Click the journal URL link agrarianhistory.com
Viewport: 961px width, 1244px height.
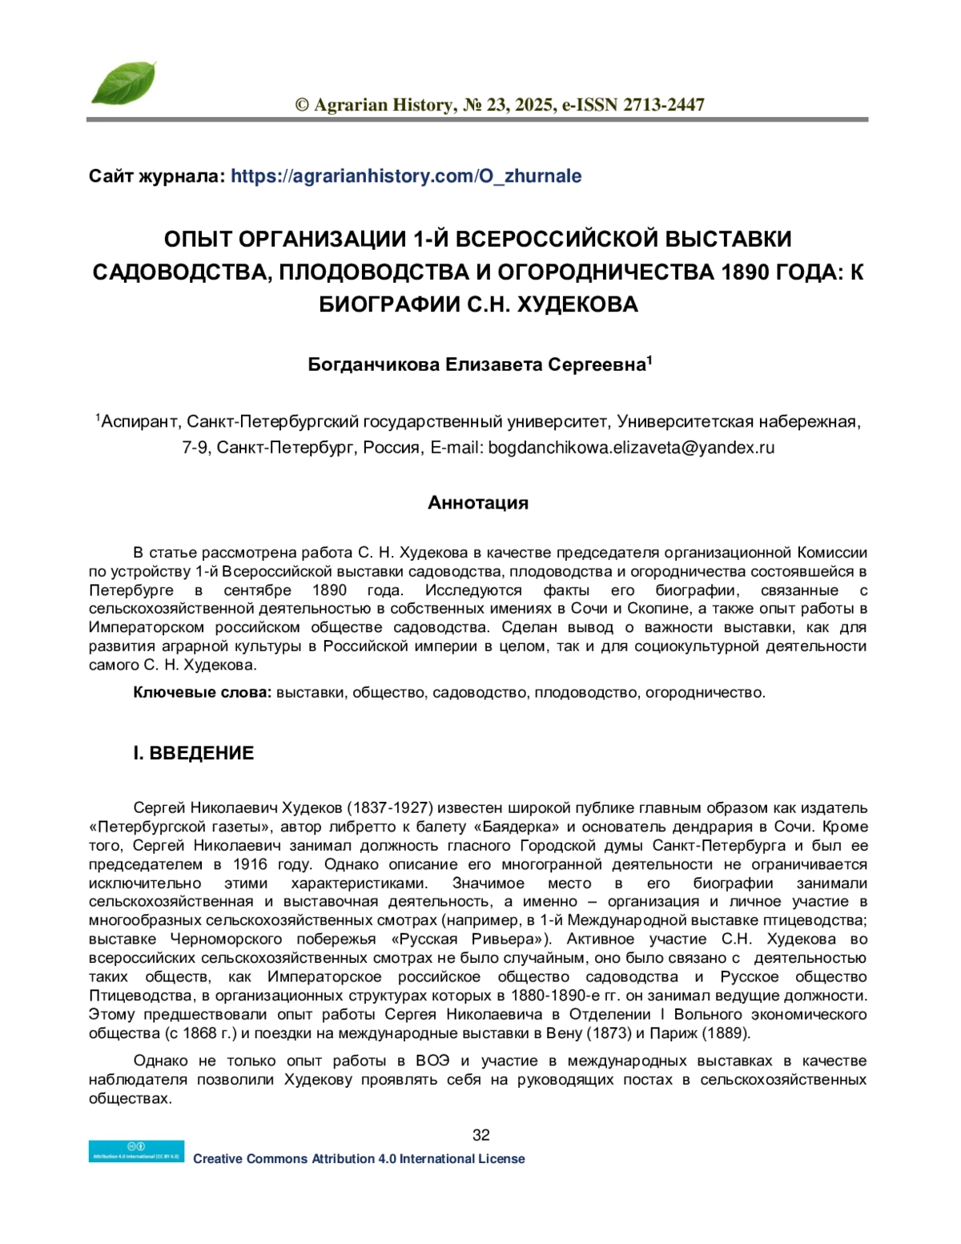pos(406,176)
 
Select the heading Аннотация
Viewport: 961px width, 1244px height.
pos(478,503)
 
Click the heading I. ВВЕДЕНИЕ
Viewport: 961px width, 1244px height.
pos(193,753)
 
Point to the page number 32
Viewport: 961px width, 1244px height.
pos(481,1134)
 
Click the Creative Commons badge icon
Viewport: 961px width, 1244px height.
pos(136,1151)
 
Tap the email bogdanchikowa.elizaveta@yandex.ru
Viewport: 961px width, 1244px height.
pos(631,448)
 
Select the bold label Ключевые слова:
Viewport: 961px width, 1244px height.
pos(203,693)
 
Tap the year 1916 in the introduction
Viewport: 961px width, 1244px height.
pos(251,864)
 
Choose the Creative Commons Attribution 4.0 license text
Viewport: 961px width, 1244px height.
pos(359,1159)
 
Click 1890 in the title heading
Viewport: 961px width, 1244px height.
pos(743,272)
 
